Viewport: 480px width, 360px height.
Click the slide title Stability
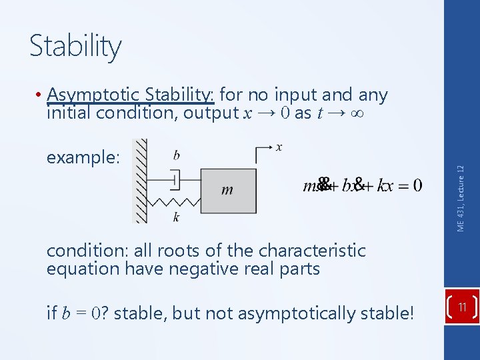(x=75, y=47)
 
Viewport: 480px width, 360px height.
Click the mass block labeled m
(x=228, y=190)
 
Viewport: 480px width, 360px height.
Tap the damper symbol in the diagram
(x=175, y=179)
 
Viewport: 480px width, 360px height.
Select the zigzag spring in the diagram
(x=175, y=201)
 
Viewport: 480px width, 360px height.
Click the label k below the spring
(x=175, y=217)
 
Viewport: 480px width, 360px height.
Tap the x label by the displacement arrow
(x=279, y=147)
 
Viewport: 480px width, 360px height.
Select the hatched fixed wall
(x=140, y=181)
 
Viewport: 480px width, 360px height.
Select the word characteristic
(x=316, y=251)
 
